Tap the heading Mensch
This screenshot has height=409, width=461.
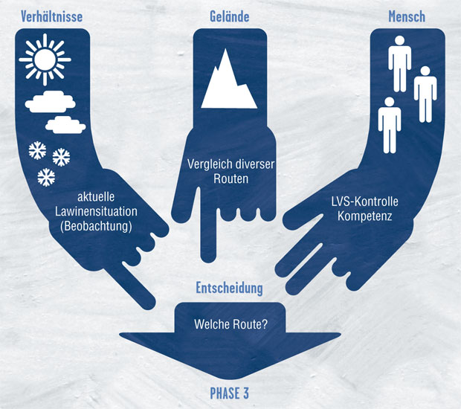tap(407, 16)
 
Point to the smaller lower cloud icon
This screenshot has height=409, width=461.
tap(65, 123)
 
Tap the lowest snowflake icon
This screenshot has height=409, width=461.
tap(46, 177)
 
